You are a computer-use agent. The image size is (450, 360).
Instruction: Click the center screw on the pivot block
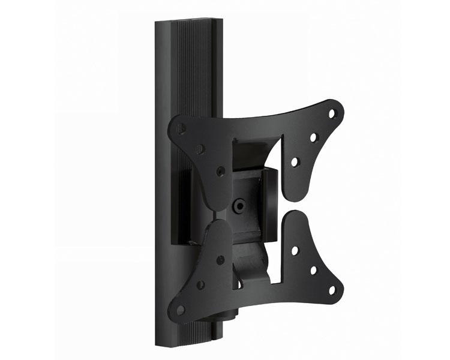tap(239, 205)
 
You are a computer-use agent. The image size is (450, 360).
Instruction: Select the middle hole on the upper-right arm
tap(313, 137)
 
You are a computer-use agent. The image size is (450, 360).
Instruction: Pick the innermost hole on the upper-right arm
tap(294, 162)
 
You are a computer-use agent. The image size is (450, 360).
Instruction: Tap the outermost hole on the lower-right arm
tap(332, 291)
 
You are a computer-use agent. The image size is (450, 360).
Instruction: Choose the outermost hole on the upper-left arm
tap(182, 127)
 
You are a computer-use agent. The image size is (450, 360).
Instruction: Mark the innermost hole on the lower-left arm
tap(221, 260)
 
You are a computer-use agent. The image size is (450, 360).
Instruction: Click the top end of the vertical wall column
tap(188, 23)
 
